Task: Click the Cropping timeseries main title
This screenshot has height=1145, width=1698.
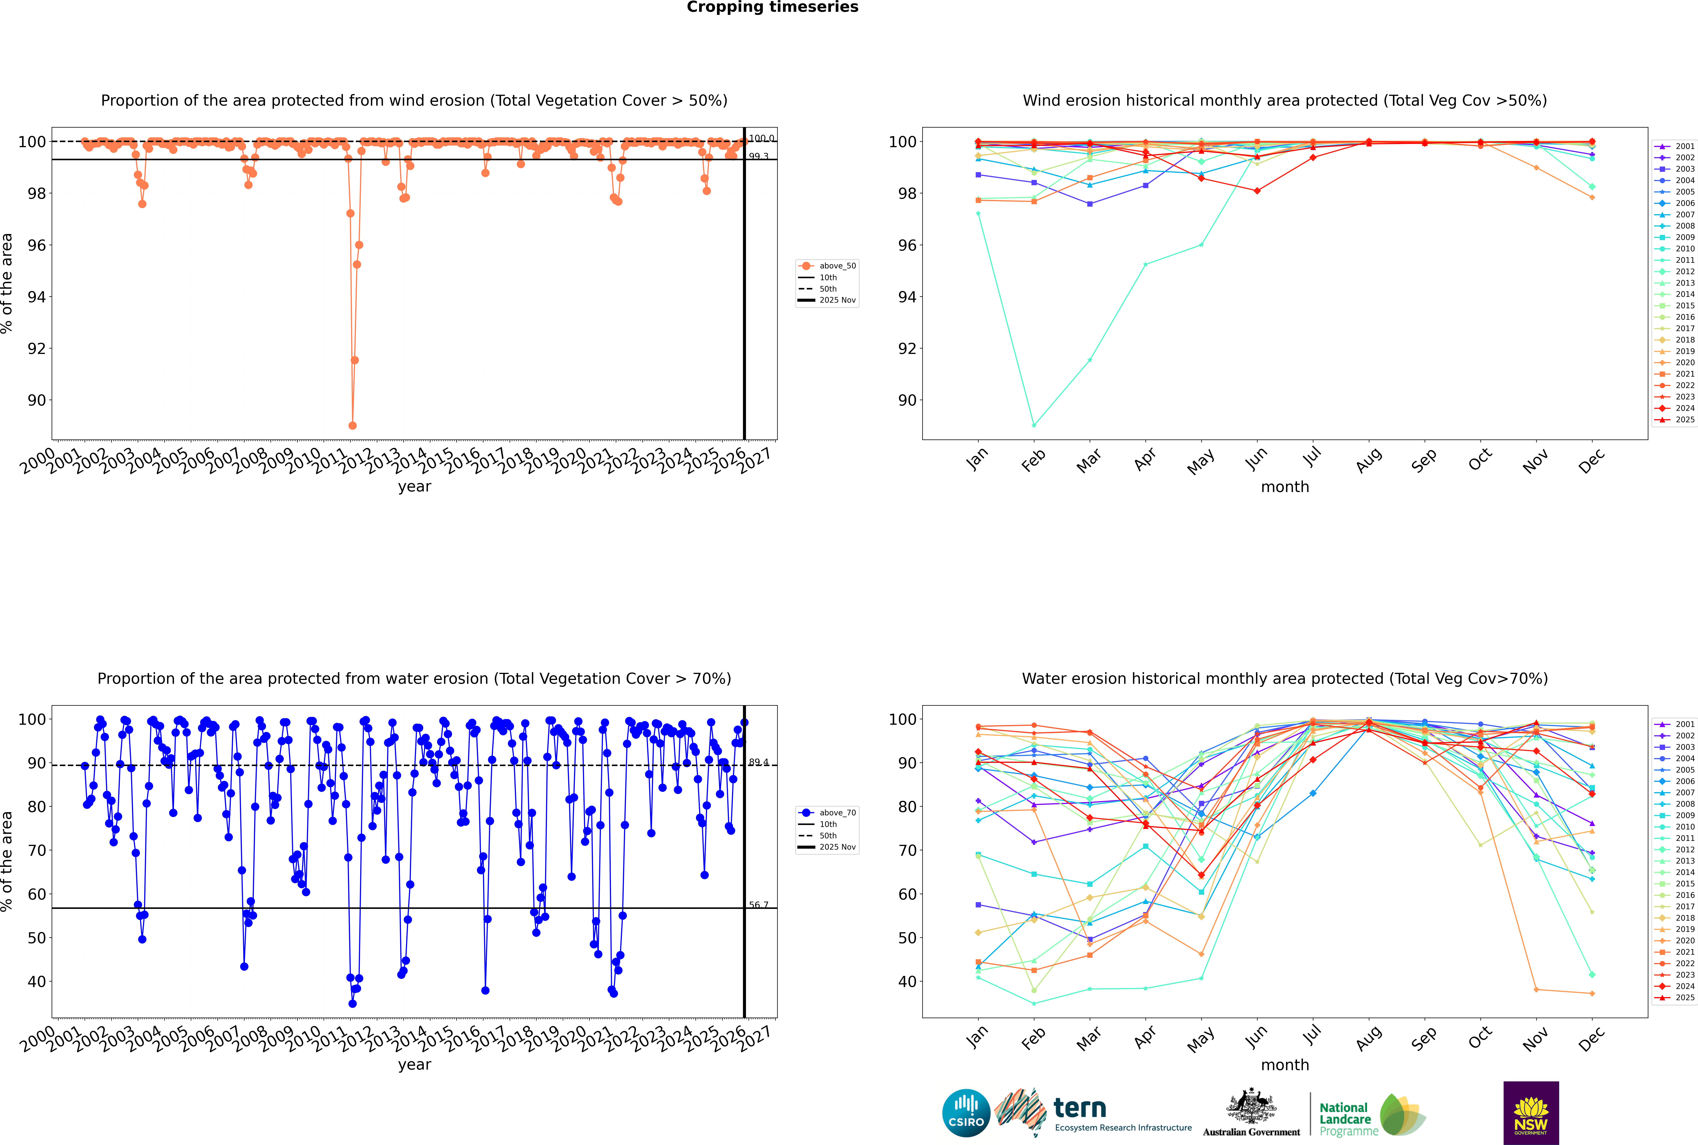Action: tap(772, 7)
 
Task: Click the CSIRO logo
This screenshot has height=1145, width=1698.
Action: tap(966, 1113)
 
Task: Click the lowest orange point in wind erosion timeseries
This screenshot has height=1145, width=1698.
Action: tap(353, 425)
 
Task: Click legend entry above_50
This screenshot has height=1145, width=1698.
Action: tap(837, 266)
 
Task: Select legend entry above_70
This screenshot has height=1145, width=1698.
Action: tap(837, 813)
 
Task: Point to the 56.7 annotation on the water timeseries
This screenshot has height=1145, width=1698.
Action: tap(759, 905)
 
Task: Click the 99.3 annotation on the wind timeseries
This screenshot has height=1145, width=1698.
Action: tap(759, 156)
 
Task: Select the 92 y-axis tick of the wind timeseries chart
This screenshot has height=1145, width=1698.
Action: tap(36, 348)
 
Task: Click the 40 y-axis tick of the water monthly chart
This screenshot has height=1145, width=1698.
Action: tap(907, 981)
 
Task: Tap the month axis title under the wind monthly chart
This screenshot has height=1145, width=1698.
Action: tap(1285, 487)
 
